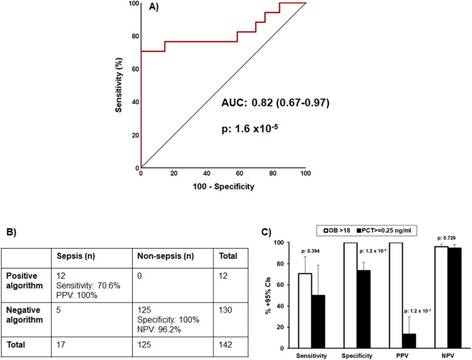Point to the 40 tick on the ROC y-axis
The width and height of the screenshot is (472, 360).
click(x=133, y=101)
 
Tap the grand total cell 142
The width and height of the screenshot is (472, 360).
click(x=228, y=344)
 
